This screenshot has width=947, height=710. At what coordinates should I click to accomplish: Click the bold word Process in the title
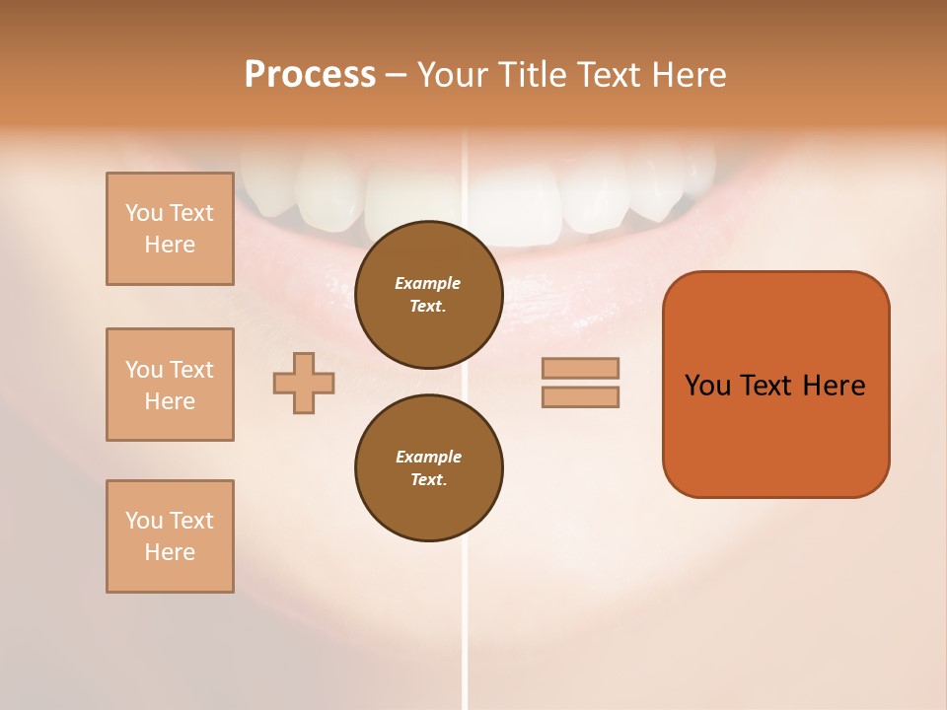pos(310,75)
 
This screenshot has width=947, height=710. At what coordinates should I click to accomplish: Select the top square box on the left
pos(170,229)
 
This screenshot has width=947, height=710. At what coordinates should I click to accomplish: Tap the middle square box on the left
pos(170,385)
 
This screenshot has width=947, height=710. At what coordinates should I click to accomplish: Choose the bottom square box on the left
pos(170,536)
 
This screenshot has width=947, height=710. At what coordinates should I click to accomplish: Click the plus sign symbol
pos(304,383)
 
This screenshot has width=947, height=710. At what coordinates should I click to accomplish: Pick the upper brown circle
pos(428,295)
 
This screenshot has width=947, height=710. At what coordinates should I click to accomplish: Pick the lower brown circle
pos(428,468)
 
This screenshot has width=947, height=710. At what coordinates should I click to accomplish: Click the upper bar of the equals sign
pos(580,368)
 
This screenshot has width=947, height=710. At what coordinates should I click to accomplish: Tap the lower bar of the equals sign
pos(580,397)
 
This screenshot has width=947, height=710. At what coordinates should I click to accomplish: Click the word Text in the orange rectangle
pos(767,386)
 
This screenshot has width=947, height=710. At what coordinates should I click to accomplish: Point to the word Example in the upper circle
pos(428,283)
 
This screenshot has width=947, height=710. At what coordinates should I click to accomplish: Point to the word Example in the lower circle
pos(428,457)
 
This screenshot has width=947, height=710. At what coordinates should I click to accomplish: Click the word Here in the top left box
pos(170,245)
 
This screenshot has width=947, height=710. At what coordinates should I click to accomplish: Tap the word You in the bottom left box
pos(144,521)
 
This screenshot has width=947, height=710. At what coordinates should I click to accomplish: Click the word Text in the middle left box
pos(190,370)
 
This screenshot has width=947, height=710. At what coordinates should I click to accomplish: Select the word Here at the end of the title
pos(690,75)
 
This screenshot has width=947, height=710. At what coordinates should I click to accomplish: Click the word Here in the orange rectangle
pos(834,386)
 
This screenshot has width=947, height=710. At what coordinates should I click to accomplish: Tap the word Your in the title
pos(452,75)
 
